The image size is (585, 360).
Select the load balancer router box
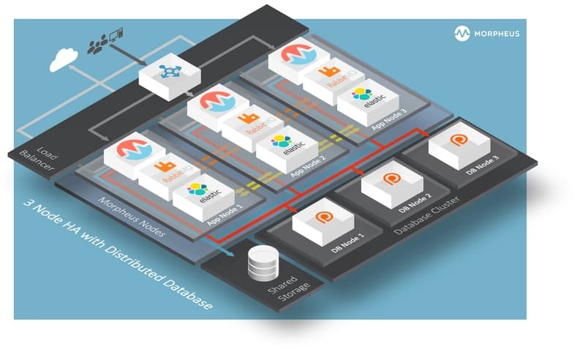(167, 76)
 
